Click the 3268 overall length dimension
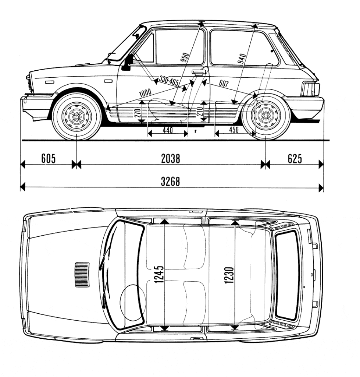(170, 182)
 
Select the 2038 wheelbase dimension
(170, 159)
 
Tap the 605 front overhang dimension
(48, 159)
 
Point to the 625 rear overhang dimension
(295, 159)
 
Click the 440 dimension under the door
(167, 130)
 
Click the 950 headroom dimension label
(185, 58)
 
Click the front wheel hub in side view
(77, 116)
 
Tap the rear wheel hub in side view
(264, 115)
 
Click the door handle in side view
(198, 73)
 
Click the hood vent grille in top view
(82, 274)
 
